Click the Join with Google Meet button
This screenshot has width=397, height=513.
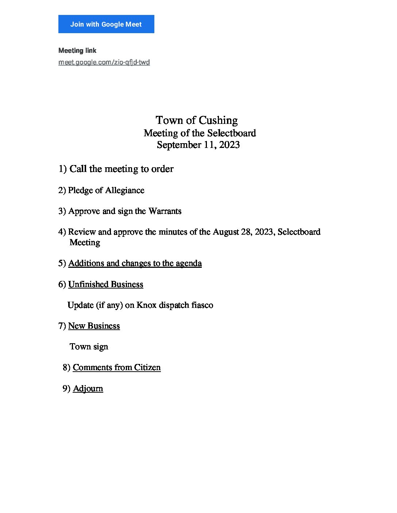click(x=106, y=24)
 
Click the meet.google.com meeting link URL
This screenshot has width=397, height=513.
click(x=104, y=62)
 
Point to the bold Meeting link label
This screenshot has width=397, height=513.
click(x=77, y=51)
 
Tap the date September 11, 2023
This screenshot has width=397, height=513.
click(x=198, y=145)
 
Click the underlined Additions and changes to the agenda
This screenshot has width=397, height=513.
click(x=135, y=263)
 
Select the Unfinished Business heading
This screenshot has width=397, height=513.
click(x=105, y=284)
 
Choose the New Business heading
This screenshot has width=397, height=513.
click(x=94, y=326)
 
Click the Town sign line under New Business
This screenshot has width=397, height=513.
click(x=89, y=346)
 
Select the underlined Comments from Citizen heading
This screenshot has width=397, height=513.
click(x=116, y=367)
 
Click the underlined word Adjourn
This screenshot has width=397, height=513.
click(x=88, y=388)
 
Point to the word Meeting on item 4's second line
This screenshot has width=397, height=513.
click(x=85, y=242)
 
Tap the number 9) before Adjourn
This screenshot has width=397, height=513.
click(x=66, y=388)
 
